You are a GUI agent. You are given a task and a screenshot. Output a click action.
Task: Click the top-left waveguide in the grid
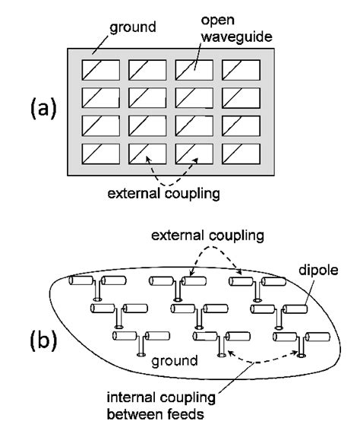(x=100, y=70)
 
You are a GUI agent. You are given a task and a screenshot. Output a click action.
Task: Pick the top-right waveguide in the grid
(x=241, y=70)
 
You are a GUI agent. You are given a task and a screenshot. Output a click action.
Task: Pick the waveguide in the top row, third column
(x=194, y=70)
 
